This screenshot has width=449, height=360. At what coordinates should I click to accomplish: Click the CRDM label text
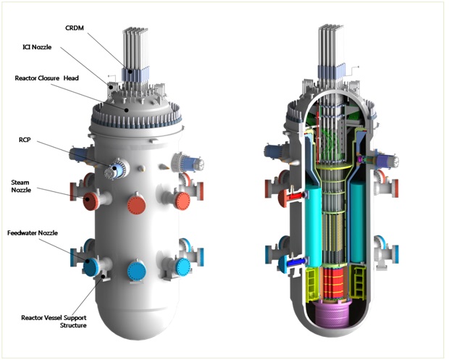(x=75, y=28)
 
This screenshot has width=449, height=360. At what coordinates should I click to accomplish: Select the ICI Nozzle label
(x=37, y=47)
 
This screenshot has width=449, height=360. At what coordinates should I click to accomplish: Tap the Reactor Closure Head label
(x=46, y=78)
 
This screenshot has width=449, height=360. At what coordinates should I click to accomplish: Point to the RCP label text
(x=25, y=140)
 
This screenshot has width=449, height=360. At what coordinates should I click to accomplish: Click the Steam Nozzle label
(x=21, y=186)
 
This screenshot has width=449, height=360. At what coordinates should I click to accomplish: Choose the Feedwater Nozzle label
(x=33, y=233)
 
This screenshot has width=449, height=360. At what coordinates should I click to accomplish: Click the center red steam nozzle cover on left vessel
(x=137, y=204)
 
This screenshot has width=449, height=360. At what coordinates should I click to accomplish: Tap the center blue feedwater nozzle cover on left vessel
(x=137, y=270)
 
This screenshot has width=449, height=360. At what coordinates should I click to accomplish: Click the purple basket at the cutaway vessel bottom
(x=332, y=314)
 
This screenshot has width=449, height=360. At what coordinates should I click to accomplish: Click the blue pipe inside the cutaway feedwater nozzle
(x=297, y=262)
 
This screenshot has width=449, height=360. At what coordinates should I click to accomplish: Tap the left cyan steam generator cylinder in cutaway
(x=314, y=225)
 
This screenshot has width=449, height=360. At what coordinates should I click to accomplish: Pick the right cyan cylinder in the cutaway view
(x=357, y=222)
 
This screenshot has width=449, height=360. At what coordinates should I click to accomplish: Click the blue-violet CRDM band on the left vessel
(x=135, y=74)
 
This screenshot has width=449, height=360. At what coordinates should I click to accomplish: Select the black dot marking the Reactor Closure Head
(x=127, y=109)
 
